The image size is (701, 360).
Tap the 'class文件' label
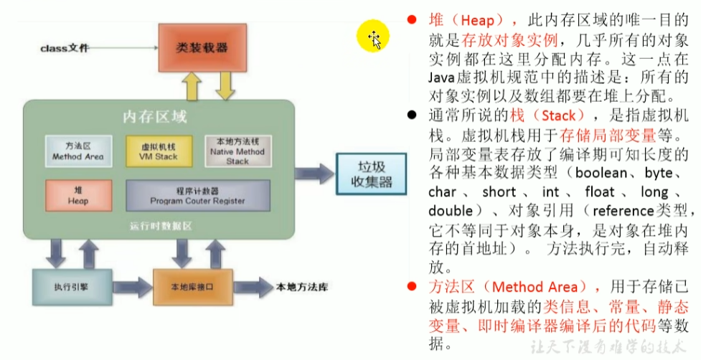click(65, 48)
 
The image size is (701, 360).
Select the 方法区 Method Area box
click(77, 150)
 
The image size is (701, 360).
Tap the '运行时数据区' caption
click(159, 227)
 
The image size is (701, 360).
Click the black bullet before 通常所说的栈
click(411, 115)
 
